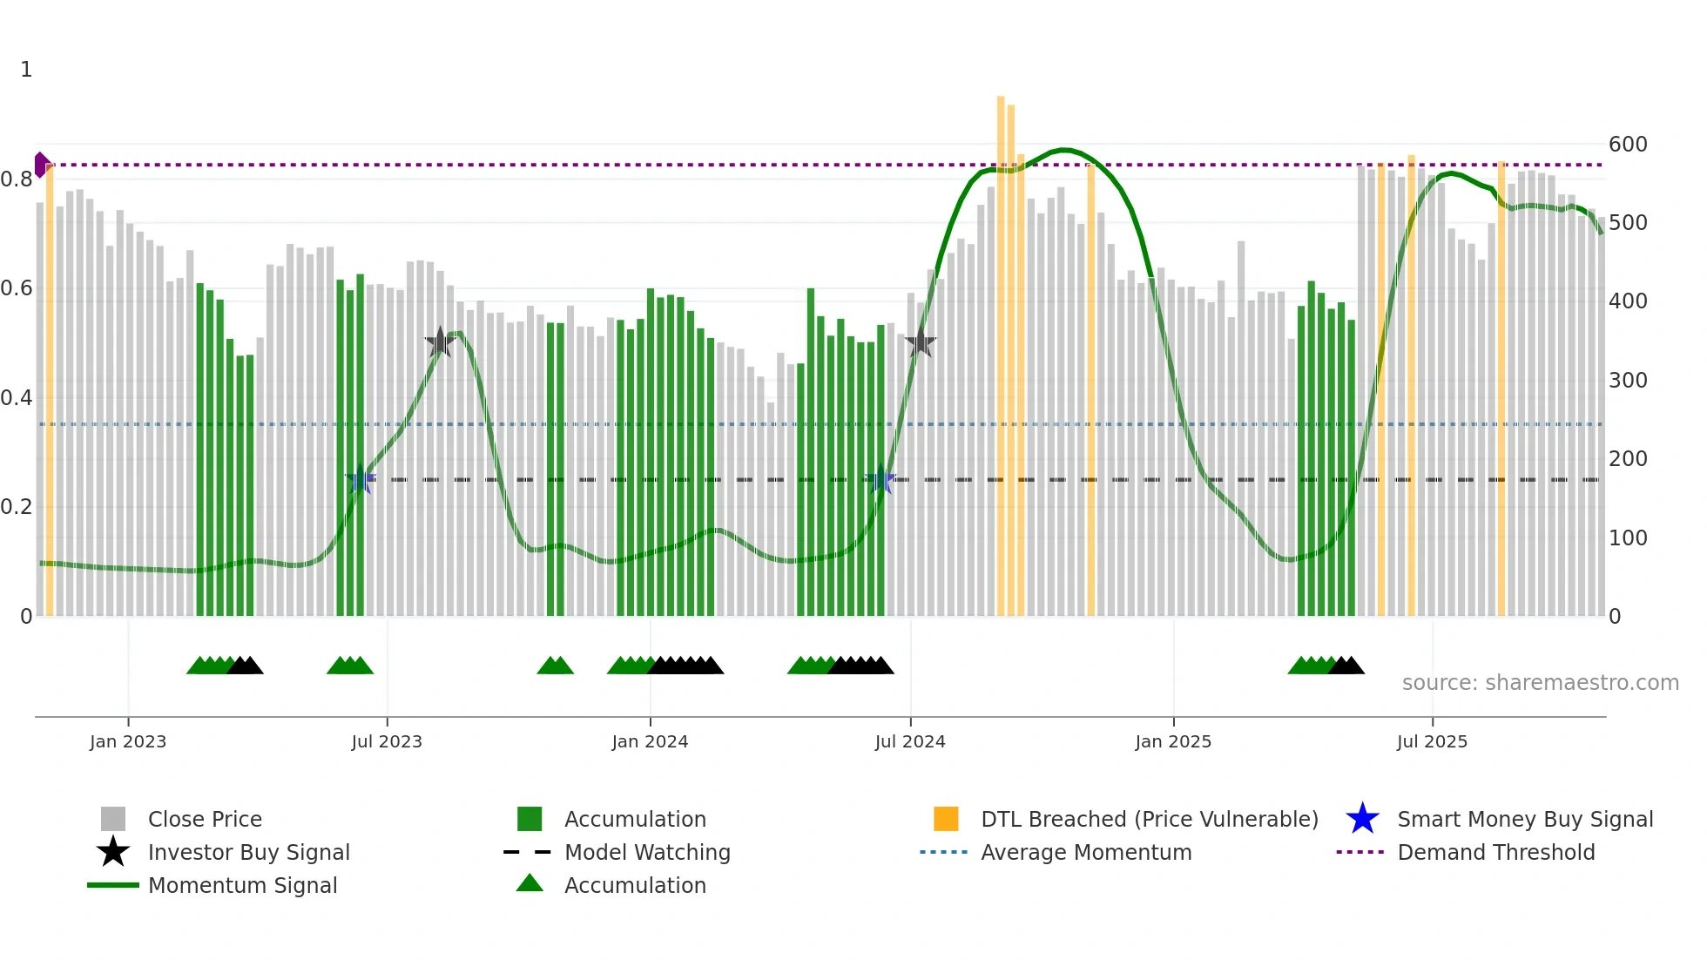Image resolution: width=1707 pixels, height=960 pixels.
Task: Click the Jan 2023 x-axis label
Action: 128,741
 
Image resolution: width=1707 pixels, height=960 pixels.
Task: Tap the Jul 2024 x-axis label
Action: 910,741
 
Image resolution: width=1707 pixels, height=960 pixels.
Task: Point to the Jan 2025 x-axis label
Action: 1173,741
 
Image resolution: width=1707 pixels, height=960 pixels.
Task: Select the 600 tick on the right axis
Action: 1628,145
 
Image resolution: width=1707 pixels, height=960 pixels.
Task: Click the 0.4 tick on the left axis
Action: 17,398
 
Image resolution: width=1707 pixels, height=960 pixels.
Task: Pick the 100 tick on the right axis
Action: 1628,538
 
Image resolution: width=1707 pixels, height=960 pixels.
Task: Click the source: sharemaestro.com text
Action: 1540,683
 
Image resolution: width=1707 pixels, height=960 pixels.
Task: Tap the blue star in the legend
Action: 1362,819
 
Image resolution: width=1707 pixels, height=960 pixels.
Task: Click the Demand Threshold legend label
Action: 1495,852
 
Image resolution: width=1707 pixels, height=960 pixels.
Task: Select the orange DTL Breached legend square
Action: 946,819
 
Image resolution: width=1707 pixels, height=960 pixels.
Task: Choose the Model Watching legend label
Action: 647,852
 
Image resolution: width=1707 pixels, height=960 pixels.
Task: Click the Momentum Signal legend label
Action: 242,885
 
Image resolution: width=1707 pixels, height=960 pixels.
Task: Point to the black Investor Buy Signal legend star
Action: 113,852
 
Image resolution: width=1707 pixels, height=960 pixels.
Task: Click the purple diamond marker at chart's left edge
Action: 41,165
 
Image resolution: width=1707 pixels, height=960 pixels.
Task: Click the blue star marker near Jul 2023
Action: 360,479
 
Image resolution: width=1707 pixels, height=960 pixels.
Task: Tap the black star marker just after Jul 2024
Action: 921,343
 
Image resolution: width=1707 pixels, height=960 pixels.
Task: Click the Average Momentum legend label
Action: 1086,852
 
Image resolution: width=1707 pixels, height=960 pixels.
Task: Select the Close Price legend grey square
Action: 113,819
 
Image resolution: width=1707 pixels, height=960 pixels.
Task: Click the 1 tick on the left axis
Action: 26,70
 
